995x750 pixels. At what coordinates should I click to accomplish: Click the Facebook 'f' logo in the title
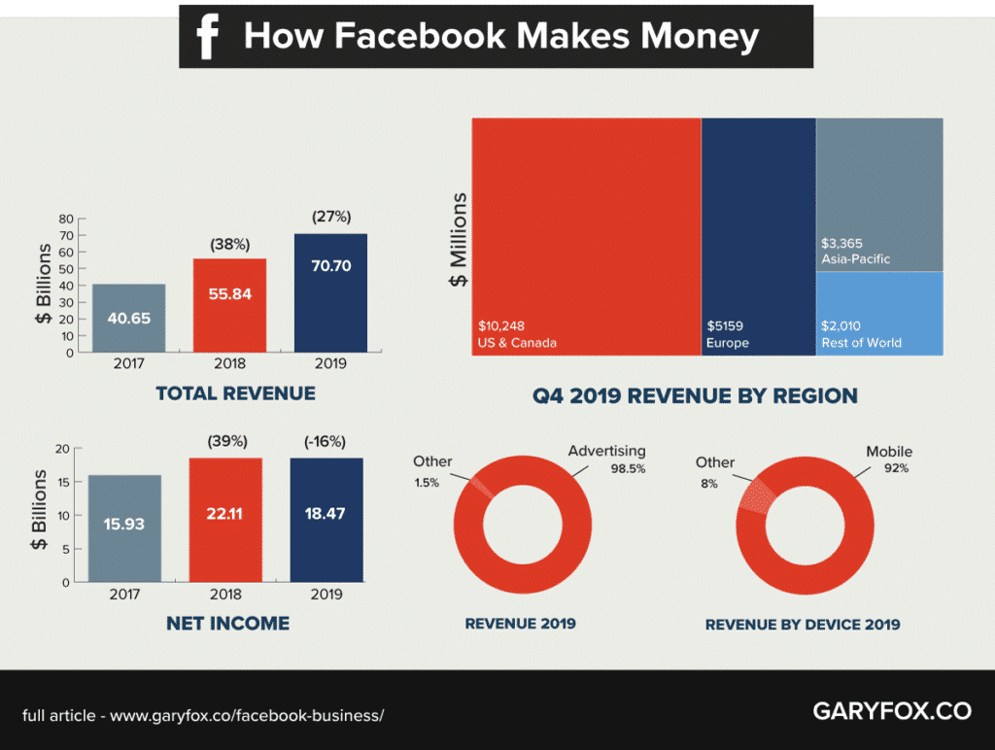tap(206, 37)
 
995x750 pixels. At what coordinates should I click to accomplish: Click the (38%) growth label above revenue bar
tap(229, 244)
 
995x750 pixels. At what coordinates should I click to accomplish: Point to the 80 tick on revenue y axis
tap(67, 218)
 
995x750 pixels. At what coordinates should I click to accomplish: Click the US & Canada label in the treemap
tap(518, 343)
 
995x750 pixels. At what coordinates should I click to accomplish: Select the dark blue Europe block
tap(758, 233)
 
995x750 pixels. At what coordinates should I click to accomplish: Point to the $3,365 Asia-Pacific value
tap(841, 243)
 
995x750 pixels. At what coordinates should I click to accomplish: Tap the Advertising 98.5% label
tap(606, 460)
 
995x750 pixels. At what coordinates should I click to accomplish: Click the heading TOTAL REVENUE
tap(235, 393)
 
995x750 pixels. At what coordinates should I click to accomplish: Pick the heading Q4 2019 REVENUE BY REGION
tap(695, 395)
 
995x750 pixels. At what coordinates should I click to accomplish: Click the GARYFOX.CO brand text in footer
tap(891, 711)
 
